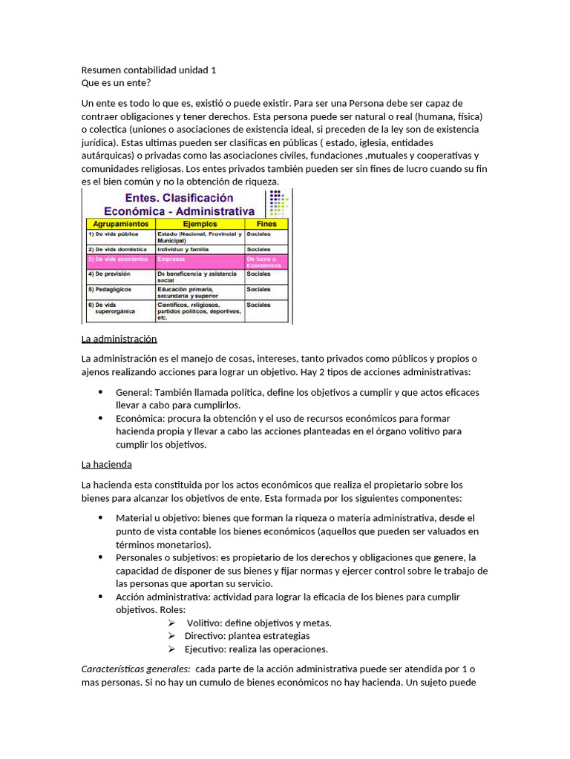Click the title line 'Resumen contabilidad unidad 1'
[x=149, y=70]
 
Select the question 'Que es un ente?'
[x=116, y=82]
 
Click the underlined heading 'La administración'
[x=119, y=339]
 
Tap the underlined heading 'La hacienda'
[x=107, y=465]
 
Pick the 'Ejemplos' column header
[x=200, y=223]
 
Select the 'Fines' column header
[x=266, y=223]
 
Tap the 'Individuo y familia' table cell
[x=184, y=250]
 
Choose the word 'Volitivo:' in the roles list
[x=204, y=623]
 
